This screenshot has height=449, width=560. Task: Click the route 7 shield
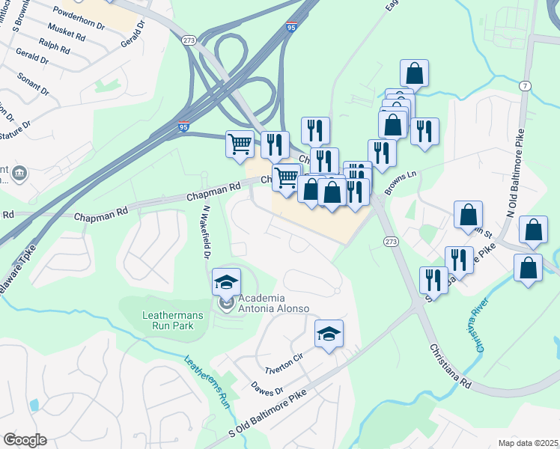(x=526, y=87)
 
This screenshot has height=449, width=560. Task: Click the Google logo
(x=25, y=440)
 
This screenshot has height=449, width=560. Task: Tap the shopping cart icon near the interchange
(x=240, y=142)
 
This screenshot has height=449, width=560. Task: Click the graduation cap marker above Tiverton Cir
(x=329, y=334)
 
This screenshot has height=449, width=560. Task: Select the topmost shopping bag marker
(x=414, y=73)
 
